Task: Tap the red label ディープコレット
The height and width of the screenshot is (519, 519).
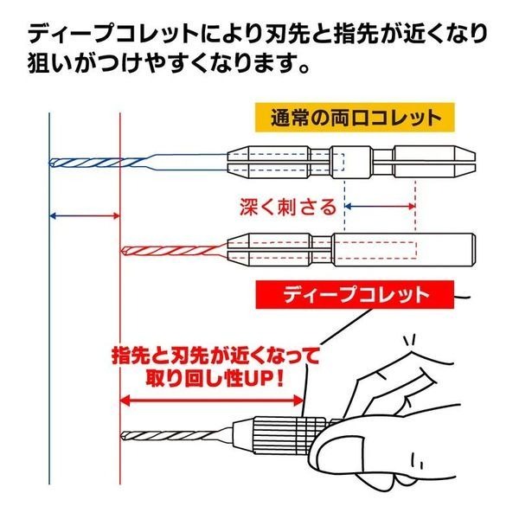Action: coord(356,294)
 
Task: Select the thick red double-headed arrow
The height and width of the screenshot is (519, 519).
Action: coord(213,400)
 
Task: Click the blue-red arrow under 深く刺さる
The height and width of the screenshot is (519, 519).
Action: coord(381,207)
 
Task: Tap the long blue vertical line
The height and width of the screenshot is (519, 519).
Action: coord(50,346)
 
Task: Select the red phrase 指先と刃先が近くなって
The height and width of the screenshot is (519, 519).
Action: coord(215,356)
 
